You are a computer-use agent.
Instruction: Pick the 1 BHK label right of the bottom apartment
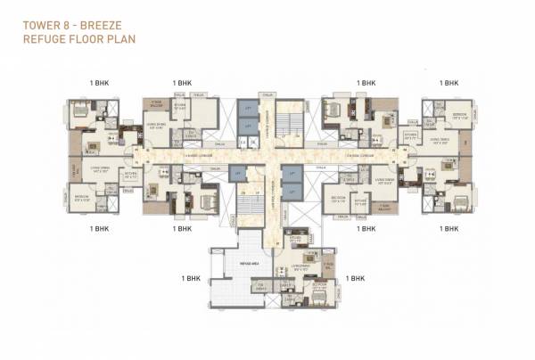tap(356, 278)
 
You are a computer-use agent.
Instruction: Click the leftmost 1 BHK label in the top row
tap(99, 82)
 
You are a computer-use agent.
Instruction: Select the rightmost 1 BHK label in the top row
tap(449, 82)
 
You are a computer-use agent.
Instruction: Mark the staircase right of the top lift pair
tap(287, 118)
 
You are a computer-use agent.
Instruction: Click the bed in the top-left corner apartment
tap(80, 110)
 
